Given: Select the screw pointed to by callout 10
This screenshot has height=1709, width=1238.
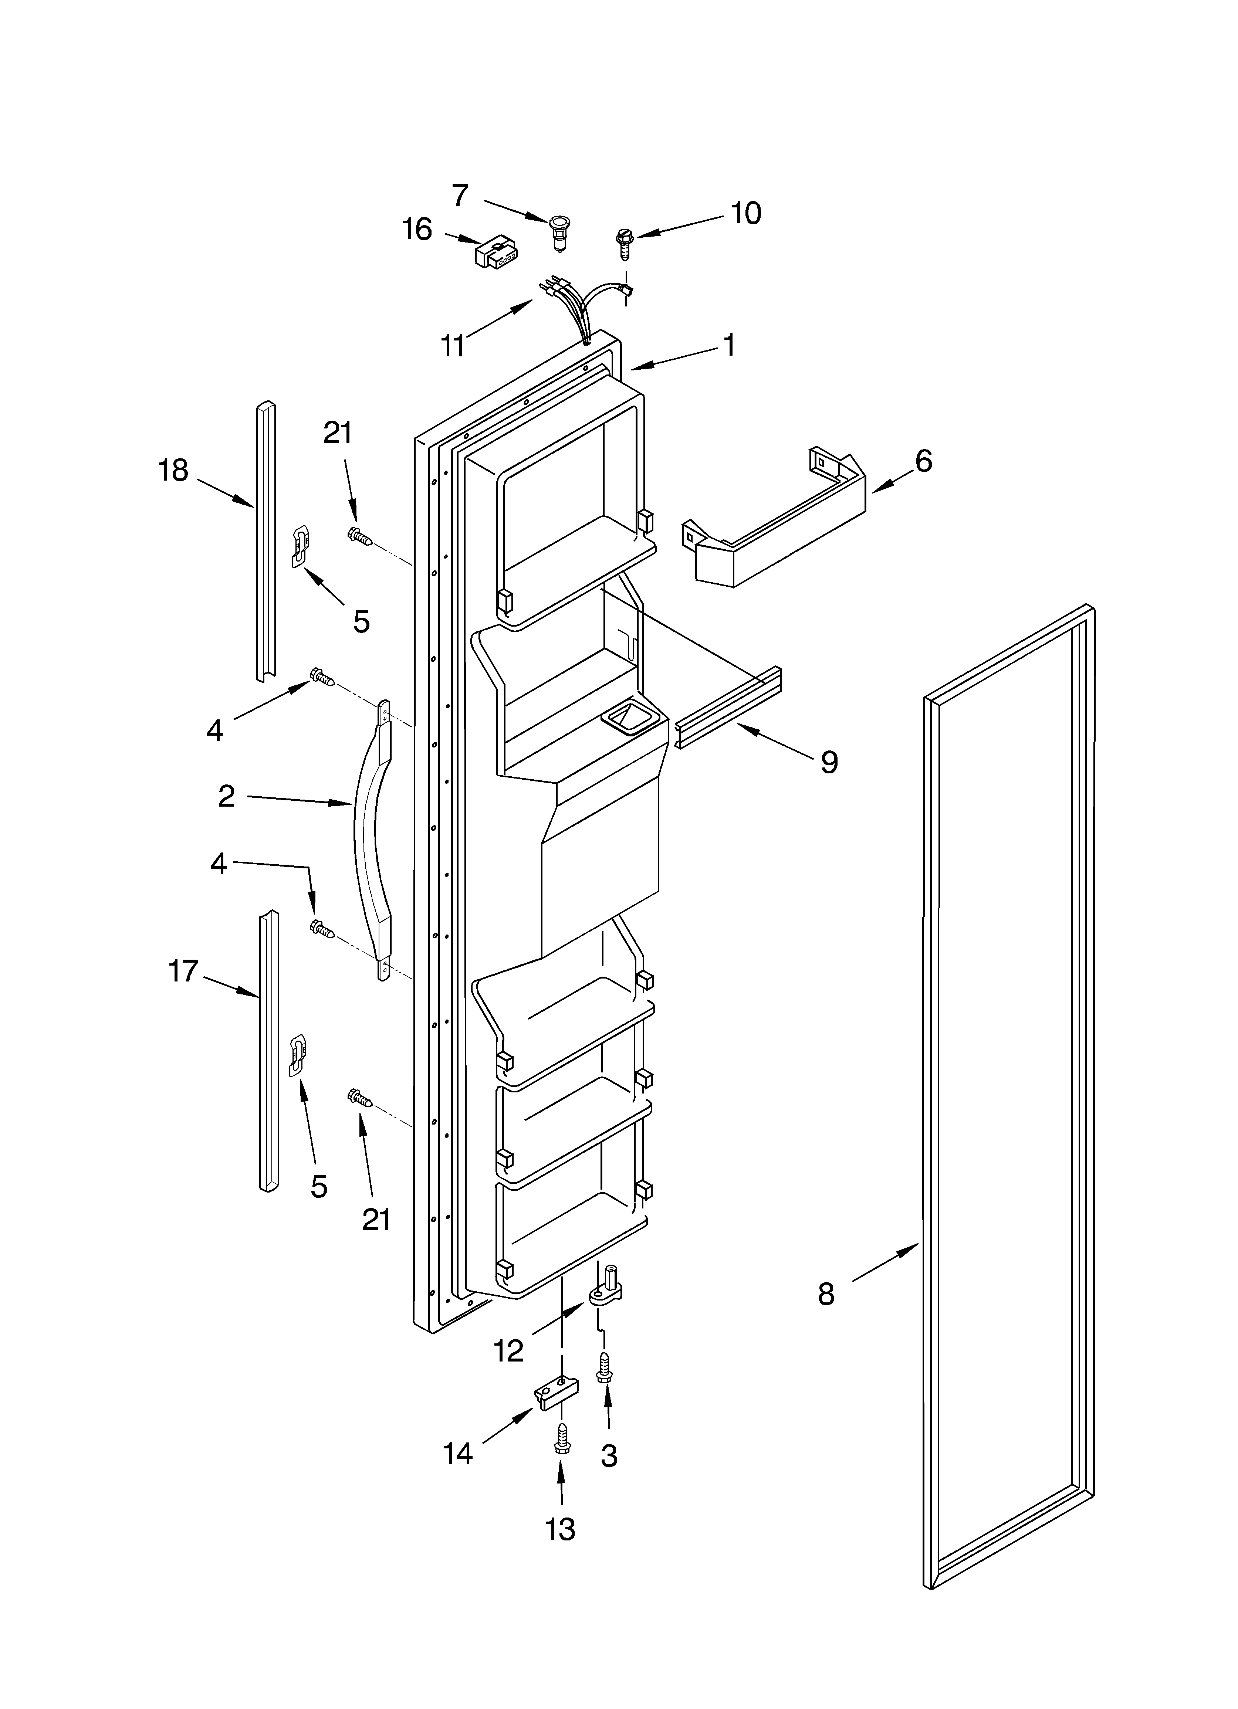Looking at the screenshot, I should (x=623, y=243).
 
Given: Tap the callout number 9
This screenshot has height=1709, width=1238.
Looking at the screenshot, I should (x=829, y=763).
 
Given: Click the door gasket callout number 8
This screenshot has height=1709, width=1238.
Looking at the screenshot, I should (x=826, y=1295).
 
